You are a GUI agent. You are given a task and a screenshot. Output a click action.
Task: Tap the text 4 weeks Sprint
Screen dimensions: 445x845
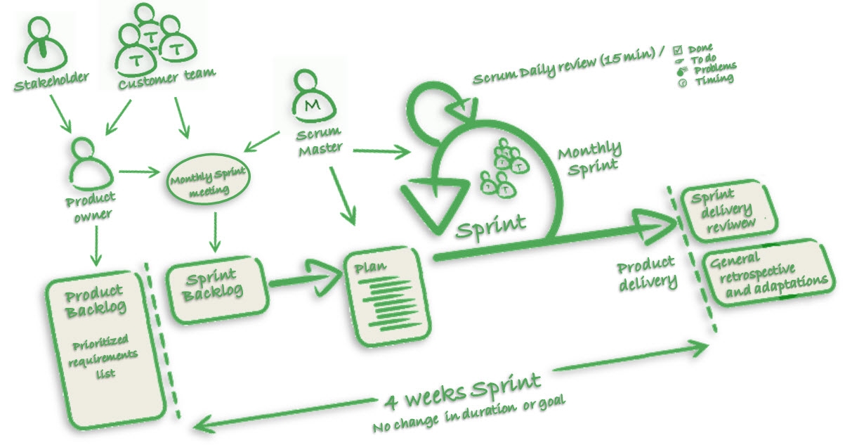click(463, 389)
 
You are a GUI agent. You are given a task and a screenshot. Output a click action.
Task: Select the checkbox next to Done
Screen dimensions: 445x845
click(678, 49)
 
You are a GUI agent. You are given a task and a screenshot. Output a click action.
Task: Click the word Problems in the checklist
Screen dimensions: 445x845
click(715, 69)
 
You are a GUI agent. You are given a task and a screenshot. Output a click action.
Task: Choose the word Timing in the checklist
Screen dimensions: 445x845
click(714, 80)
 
